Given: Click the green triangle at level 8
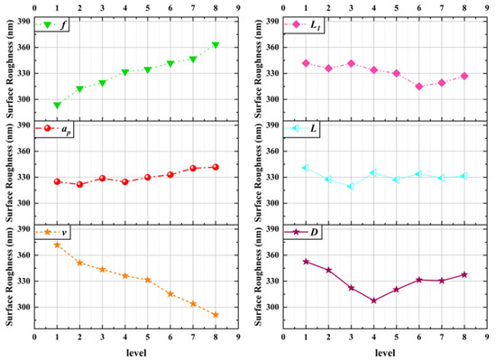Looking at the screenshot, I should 215,45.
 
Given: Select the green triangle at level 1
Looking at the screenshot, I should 57,105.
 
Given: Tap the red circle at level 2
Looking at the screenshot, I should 79,184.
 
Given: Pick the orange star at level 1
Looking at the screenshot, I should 57,245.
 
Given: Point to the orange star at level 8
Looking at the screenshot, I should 215,314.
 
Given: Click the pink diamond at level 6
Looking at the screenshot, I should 418,87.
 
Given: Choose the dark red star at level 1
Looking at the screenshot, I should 306,262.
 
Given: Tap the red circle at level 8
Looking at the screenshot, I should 215,167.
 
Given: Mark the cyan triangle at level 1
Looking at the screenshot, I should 306,168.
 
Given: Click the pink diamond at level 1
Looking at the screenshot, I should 306,63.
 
